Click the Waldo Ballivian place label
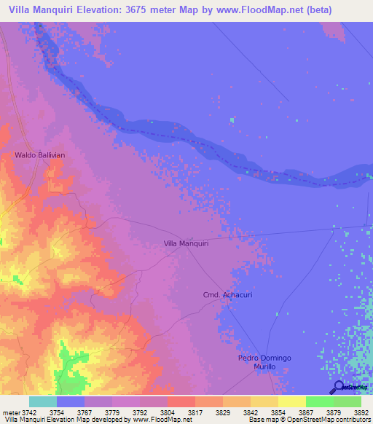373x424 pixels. [x=40, y=155]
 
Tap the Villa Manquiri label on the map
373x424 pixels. [x=186, y=243]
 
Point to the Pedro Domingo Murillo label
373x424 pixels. [x=264, y=363]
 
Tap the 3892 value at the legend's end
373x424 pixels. [x=361, y=412]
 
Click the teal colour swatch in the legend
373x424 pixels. [x=43, y=401]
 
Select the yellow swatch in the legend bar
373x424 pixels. [x=291, y=401]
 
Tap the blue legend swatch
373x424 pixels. [x=71, y=401]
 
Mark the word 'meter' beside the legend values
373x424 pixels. [x=11, y=412]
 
